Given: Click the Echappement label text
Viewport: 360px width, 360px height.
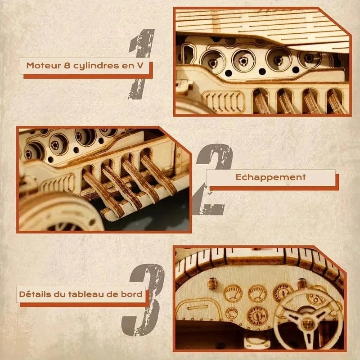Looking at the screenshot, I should pos(270,177).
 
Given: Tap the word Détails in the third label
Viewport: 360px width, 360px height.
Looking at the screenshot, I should pos(33,295).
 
